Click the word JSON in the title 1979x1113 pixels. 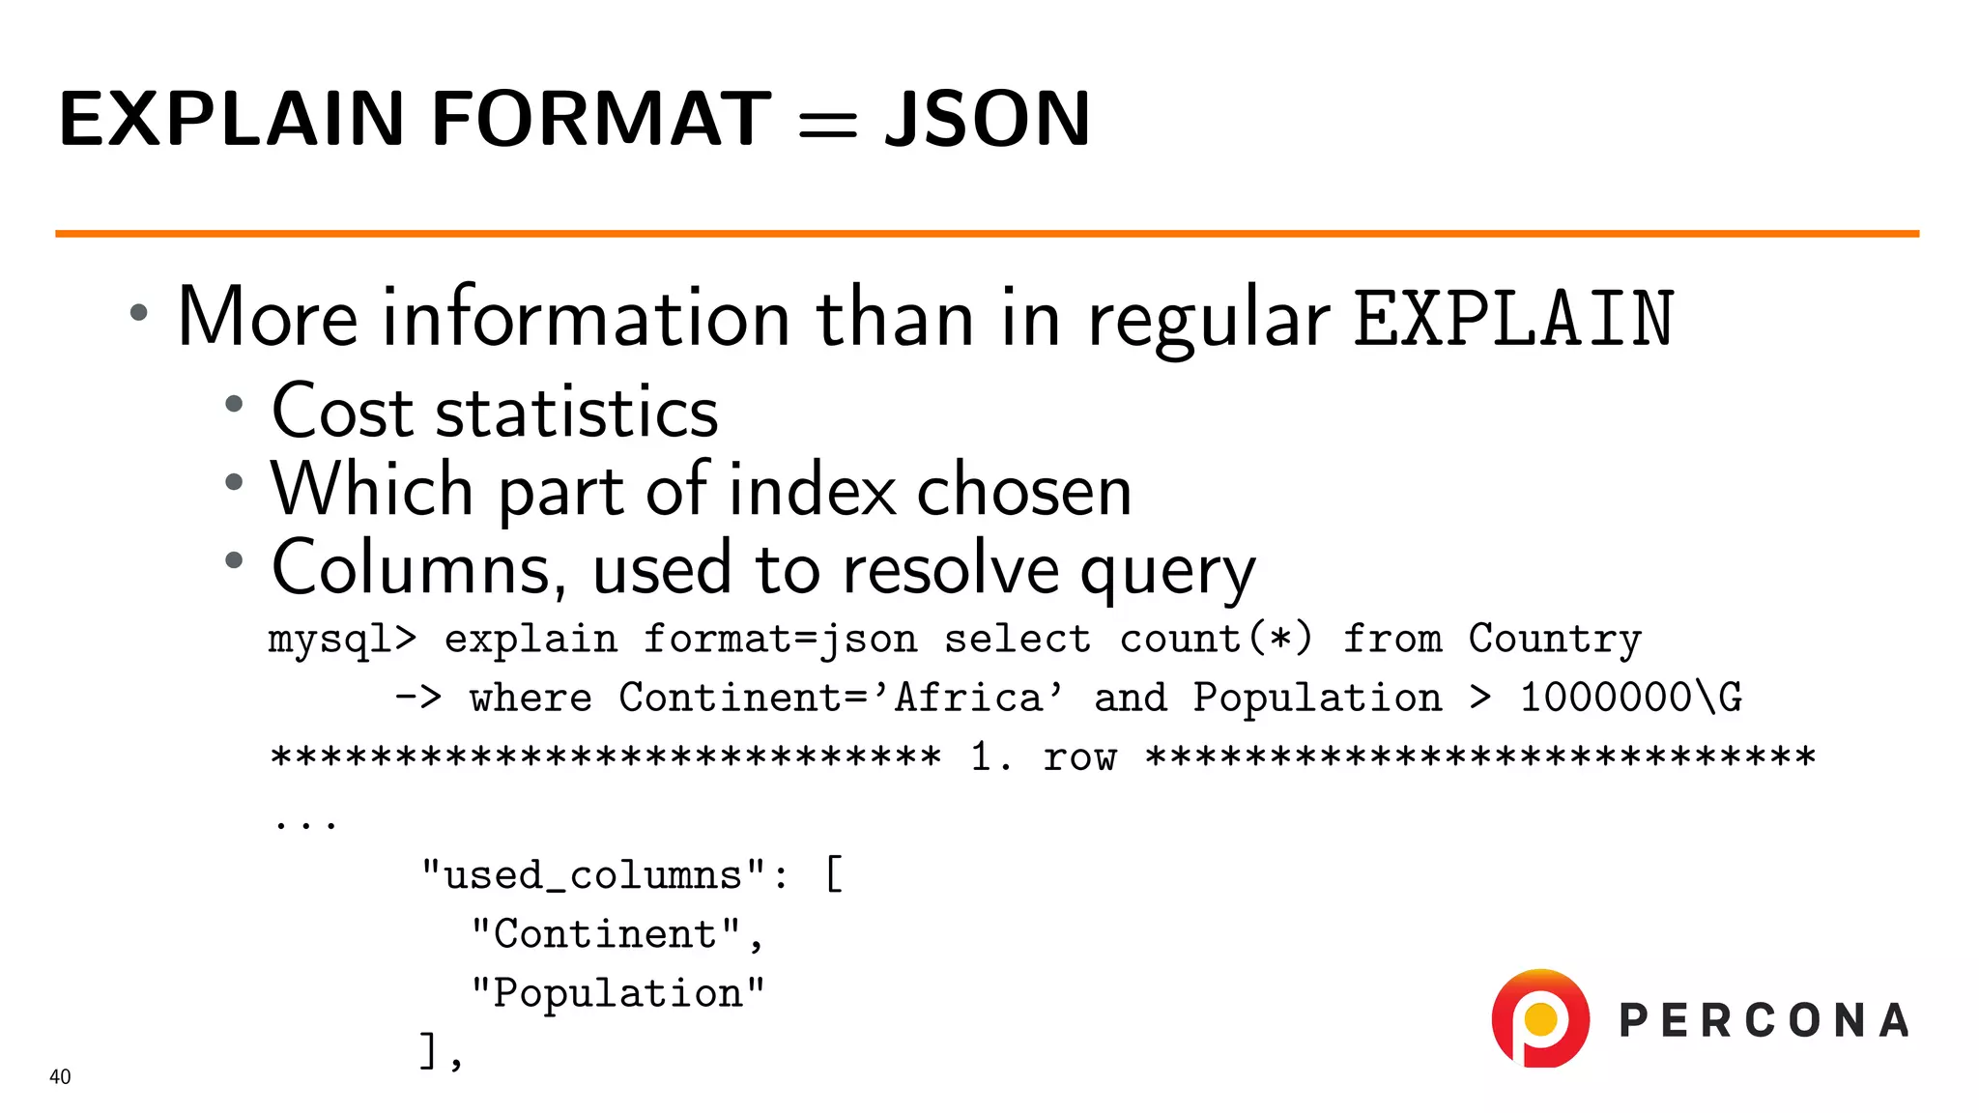coord(988,120)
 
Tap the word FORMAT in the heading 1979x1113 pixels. coord(601,120)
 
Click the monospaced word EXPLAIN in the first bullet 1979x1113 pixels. coord(1513,319)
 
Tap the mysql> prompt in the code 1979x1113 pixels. coord(342,640)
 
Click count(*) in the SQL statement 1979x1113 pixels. coord(1216,640)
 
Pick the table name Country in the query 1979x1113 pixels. coord(1555,640)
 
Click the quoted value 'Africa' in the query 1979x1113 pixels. coord(978,698)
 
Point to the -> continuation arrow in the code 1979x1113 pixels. coord(418,698)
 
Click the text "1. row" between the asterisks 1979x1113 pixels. coord(1044,756)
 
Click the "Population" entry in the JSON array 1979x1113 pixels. coord(618,993)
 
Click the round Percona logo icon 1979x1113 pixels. coord(1540,1019)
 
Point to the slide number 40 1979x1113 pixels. coord(60,1077)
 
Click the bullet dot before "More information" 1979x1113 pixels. coord(139,312)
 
